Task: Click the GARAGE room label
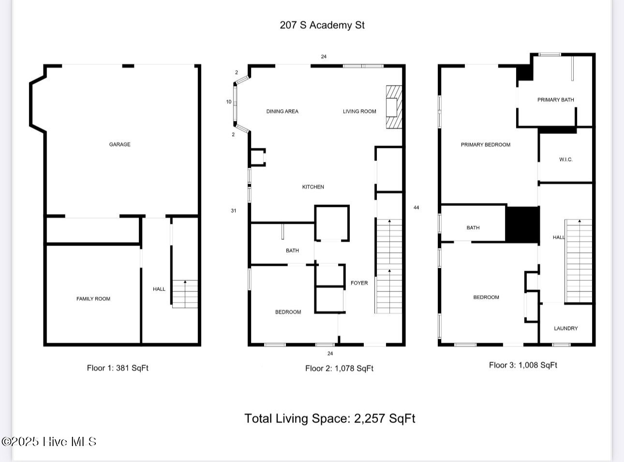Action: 119,144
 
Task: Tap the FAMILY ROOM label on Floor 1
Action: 93,299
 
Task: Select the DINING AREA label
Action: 282,111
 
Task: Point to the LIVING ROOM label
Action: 359,111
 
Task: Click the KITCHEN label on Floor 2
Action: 313,187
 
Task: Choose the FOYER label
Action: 359,283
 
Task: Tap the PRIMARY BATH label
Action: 555,100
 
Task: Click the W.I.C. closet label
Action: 565,159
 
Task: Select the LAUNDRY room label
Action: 566,328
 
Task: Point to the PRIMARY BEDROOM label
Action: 485,144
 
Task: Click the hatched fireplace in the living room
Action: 394,107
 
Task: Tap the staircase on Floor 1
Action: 185,294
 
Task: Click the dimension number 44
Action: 416,207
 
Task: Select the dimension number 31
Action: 233,211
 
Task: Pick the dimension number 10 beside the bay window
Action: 228,102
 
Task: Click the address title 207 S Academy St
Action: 322,25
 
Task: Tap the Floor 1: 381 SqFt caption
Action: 118,368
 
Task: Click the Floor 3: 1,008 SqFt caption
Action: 523,365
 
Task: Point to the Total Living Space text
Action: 330,418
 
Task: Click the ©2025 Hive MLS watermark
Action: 49,442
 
